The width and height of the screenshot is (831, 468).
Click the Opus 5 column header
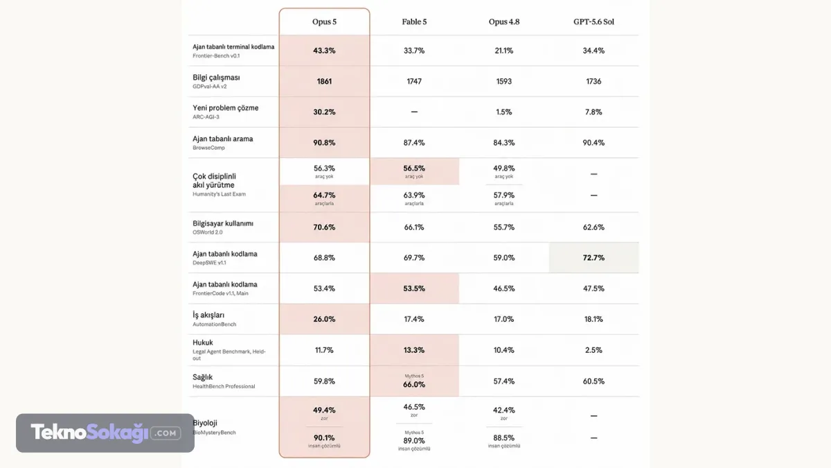(x=324, y=21)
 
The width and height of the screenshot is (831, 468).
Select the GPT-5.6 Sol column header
(x=593, y=21)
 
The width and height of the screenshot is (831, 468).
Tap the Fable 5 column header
(x=414, y=21)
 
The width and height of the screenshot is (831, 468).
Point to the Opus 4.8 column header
(x=504, y=21)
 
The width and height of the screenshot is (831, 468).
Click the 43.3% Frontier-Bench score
(x=324, y=51)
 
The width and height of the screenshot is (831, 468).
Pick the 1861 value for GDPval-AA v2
(x=324, y=81)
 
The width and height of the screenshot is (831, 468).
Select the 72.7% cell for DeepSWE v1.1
(x=593, y=258)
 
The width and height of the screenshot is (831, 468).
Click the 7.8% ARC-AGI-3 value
(x=593, y=112)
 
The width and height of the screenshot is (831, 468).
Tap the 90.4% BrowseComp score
(x=593, y=143)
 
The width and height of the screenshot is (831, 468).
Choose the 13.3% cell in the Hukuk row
(x=414, y=350)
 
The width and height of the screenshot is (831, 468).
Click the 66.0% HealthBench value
(x=414, y=384)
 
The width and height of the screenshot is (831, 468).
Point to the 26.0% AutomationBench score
(x=324, y=319)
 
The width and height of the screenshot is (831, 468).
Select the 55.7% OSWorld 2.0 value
(x=504, y=227)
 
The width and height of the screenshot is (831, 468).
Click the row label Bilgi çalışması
(x=216, y=78)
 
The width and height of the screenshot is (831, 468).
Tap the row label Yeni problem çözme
(x=225, y=108)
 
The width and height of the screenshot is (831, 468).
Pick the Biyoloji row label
(x=205, y=423)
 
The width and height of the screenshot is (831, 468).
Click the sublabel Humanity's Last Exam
(x=219, y=194)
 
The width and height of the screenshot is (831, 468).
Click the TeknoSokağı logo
(x=105, y=433)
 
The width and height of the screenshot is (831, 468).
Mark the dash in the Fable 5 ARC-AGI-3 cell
(x=414, y=112)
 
